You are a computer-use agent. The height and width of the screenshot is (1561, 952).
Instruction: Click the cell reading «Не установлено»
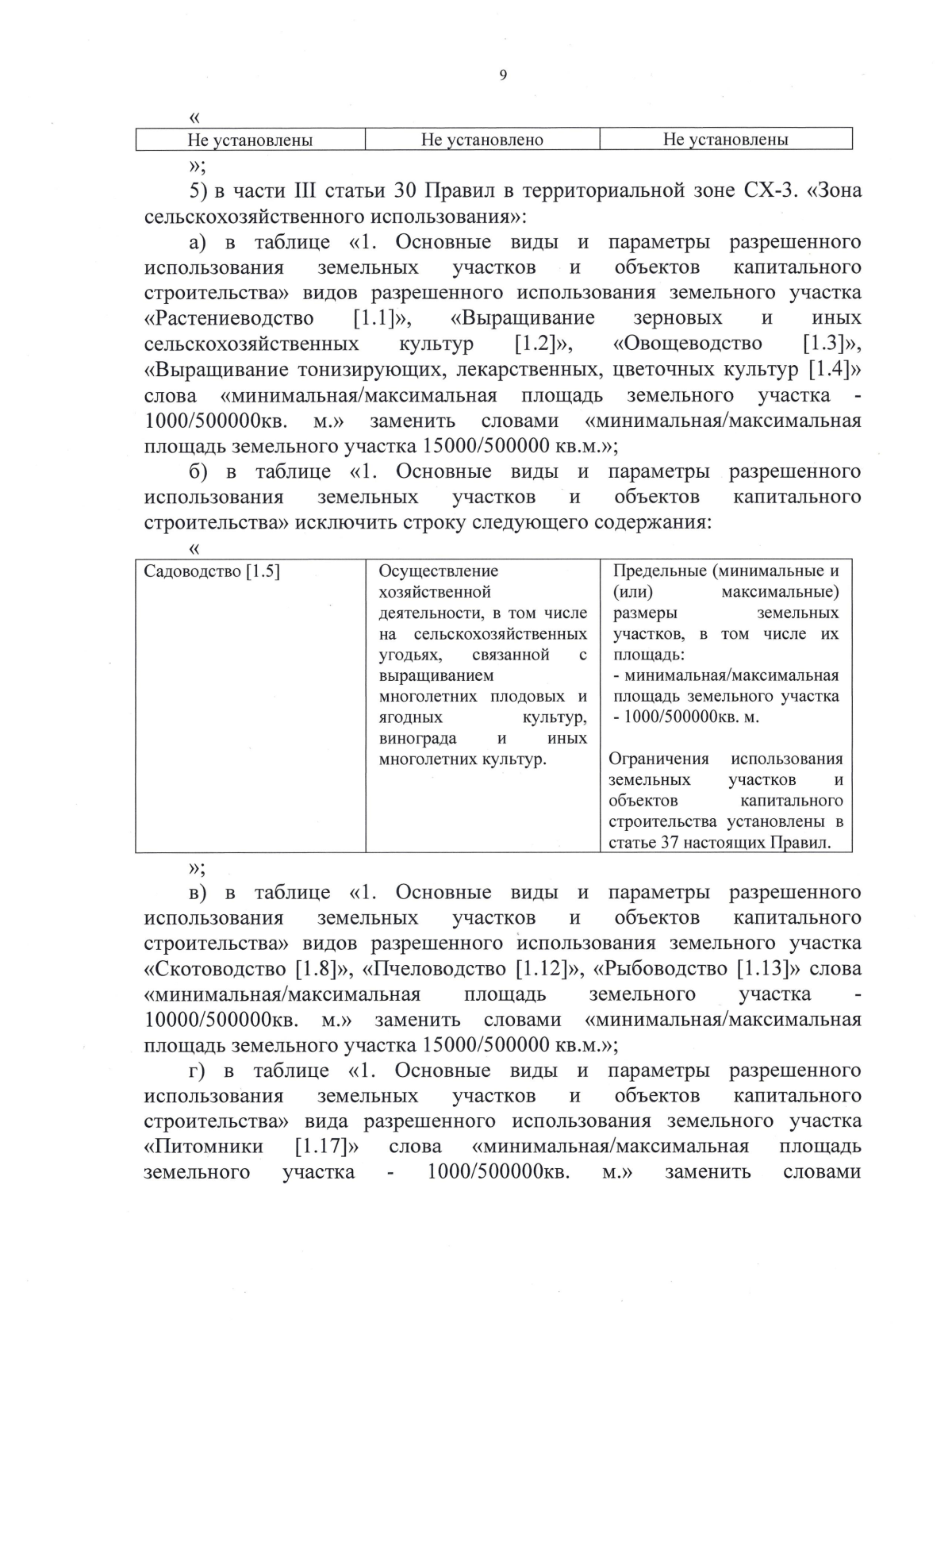pos(482,140)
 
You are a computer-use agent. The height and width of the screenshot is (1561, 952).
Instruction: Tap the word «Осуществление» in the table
pos(439,571)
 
